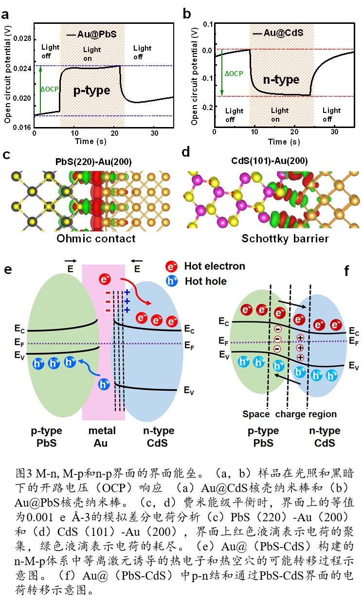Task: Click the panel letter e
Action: [8, 269]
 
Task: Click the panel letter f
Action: [346, 271]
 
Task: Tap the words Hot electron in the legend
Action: [215, 266]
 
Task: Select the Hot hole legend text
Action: [205, 281]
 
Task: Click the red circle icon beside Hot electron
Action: [171, 266]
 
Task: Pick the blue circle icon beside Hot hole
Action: [171, 281]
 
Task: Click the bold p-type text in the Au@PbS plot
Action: [91, 91]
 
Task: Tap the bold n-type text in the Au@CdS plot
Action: [281, 79]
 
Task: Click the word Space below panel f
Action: [256, 415]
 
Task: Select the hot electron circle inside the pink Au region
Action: [105, 279]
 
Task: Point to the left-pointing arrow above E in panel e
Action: [137, 261]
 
